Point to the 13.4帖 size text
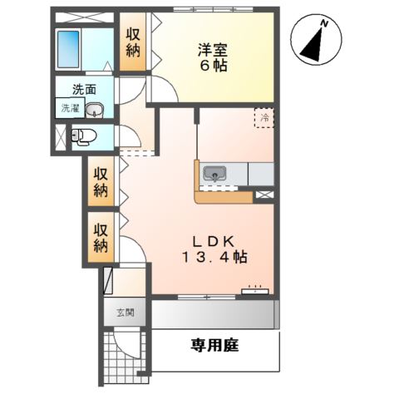215,258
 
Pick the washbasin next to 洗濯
94,108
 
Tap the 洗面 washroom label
82,89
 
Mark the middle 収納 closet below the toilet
101,182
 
